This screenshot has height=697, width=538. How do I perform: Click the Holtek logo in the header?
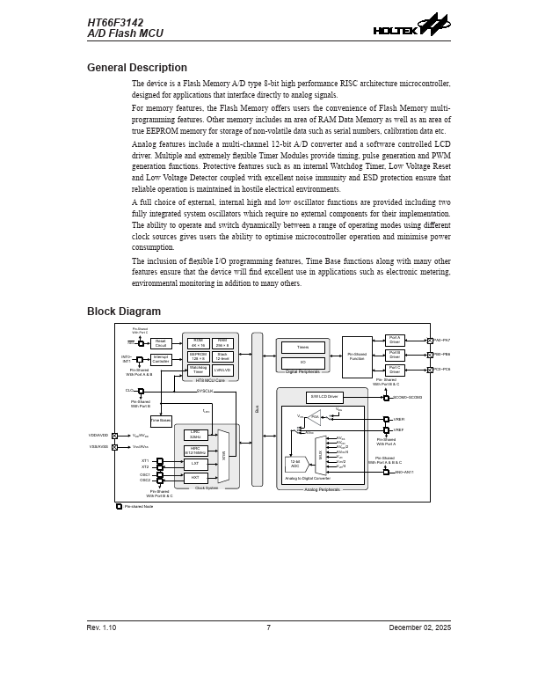coord(411,26)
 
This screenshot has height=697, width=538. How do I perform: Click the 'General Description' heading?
coord(136,68)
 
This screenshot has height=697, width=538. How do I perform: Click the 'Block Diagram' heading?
coord(123,312)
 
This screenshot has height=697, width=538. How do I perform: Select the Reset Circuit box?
coord(161,343)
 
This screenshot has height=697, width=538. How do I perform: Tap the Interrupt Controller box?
coord(161,359)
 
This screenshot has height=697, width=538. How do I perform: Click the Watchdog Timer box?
coord(198,370)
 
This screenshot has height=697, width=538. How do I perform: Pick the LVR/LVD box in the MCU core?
coord(222,370)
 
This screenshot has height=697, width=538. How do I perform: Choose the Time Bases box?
coord(161,421)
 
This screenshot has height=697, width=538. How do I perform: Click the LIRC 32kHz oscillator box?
coord(195,434)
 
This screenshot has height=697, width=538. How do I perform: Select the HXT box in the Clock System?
coord(195,477)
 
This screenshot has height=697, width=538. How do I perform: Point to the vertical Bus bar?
coord(257,409)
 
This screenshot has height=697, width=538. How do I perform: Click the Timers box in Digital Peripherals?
coord(302,348)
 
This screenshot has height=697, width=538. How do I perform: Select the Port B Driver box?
coord(394,355)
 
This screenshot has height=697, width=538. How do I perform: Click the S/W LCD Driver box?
coord(324,397)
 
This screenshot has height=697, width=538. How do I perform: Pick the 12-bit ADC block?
coord(295,463)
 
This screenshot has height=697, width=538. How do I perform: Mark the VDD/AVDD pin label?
coord(98,435)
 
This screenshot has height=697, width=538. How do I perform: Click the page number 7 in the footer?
coord(268,627)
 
